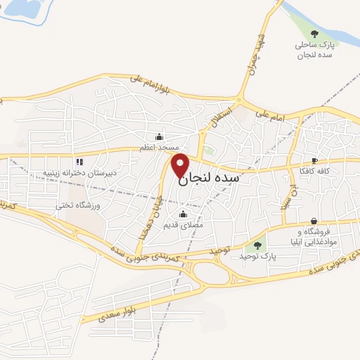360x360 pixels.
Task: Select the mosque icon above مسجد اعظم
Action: coord(159,137)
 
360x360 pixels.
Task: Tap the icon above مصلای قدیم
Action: coord(184,214)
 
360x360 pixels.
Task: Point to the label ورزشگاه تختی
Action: coord(79,205)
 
